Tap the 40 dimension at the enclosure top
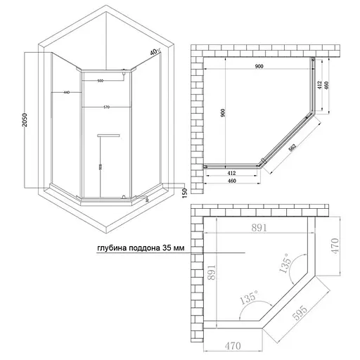153,52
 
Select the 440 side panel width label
65,93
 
